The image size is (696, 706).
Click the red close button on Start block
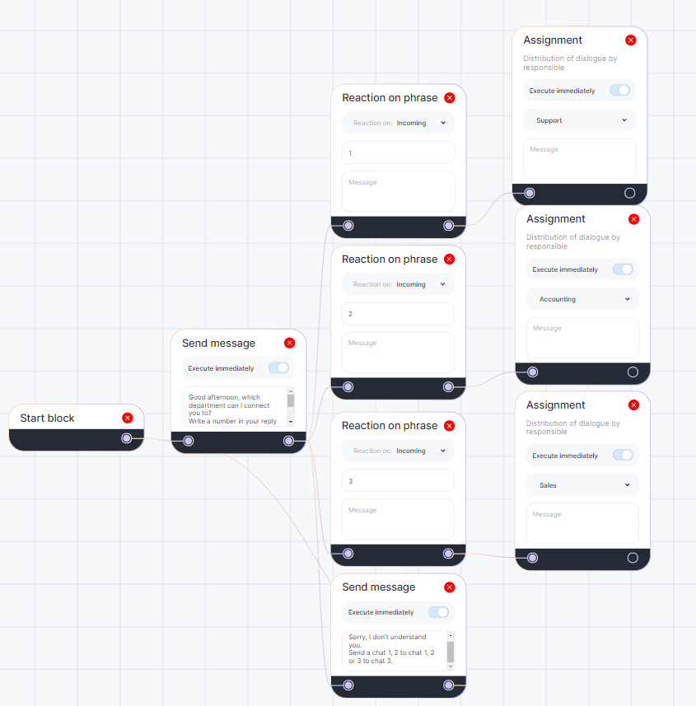(x=127, y=418)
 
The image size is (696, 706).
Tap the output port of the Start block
(x=126, y=438)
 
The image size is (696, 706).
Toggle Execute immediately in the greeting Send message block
(x=279, y=368)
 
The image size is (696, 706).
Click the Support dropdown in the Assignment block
(x=580, y=120)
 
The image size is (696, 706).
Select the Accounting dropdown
(x=582, y=299)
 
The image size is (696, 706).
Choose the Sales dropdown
(x=582, y=485)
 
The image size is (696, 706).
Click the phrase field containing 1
(x=399, y=153)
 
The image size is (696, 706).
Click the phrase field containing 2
(x=399, y=314)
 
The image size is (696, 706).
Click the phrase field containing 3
(x=399, y=480)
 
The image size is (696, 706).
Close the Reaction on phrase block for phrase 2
(x=449, y=259)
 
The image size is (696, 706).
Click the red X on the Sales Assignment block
(x=633, y=404)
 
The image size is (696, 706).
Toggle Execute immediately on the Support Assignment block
(x=620, y=91)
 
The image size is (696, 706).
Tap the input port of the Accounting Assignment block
(x=533, y=372)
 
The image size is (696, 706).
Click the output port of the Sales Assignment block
(x=633, y=558)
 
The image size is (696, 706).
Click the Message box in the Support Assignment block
(x=580, y=159)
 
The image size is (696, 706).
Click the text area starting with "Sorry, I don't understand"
(x=395, y=650)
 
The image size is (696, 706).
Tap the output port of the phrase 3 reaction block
(x=448, y=554)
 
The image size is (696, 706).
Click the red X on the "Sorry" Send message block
(x=449, y=587)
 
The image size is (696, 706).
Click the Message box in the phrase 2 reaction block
(x=399, y=353)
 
